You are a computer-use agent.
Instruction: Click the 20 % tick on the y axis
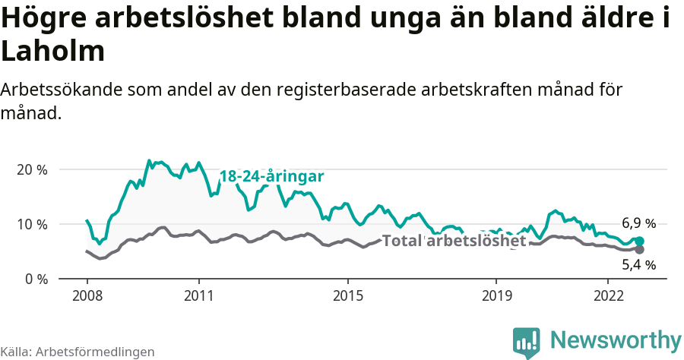pyautogui.click(x=31, y=169)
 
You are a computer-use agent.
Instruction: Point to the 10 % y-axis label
pyautogui.click(x=31, y=224)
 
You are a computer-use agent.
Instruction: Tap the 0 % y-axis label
pyautogui.click(x=35, y=279)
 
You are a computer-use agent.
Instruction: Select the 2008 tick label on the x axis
pyautogui.click(x=87, y=295)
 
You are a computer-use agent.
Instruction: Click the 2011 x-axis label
pyautogui.click(x=198, y=295)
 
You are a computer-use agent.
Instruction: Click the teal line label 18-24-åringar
pyautogui.click(x=272, y=176)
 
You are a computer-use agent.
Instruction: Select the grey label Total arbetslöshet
pyautogui.click(x=454, y=242)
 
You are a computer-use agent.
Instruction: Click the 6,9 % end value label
pyautogui.click(x=638, y=223)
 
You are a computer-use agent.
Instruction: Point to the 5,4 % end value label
pyautogui.click(x=638, y=265)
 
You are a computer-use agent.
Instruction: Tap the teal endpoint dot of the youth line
pyautogui.click(x=639, y=241)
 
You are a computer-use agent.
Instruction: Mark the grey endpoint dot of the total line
pyautogui.click(x=639, y=249)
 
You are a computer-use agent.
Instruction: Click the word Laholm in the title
pyautogui.click(x=52, y=52)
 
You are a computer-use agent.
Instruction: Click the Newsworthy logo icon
pyautogui.click(x=526, y=343)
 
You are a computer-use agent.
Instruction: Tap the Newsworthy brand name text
pyautogui.click(x=616, y=339)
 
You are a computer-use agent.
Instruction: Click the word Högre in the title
pyautogui.click(x=45, y=19)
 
